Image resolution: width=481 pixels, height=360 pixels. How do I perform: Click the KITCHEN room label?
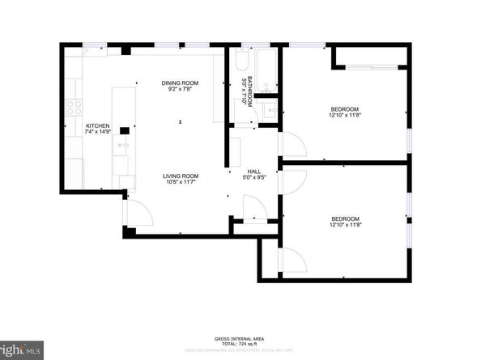tap(97, 126)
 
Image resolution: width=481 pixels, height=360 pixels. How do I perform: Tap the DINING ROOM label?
tap(181, 83)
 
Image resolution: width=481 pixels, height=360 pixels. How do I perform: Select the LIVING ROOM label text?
tap(181, 176)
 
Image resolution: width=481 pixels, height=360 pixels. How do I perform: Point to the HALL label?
tap(253, 172)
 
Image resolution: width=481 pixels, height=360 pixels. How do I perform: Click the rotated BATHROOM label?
tap(252, 91)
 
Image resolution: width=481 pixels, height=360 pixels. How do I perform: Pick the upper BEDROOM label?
tap(344, 109)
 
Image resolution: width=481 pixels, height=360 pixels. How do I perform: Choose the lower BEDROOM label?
tap(344, 218)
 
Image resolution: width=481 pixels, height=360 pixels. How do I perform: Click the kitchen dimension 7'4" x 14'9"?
tap(97, 133)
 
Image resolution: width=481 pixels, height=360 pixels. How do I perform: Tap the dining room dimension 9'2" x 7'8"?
tap(181, 89)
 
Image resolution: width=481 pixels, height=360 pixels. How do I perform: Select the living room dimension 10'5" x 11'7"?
tap(181, 182)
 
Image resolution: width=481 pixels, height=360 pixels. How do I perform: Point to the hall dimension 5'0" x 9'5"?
tap(253, 178)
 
